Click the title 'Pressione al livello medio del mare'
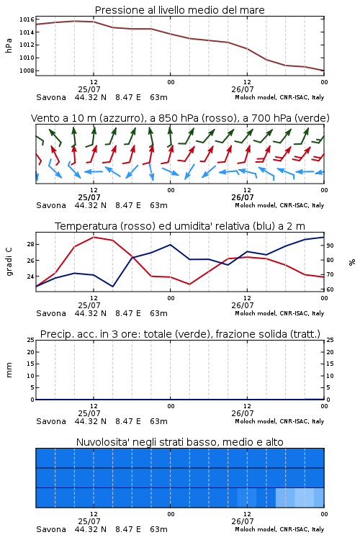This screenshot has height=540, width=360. coord(179,10)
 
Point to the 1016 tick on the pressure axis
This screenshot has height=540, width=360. coord(27,19)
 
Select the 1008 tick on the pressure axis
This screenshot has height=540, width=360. coord(27,71)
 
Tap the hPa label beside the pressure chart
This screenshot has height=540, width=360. coord(9,45)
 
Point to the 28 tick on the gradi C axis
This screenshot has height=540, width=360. coord(31,244)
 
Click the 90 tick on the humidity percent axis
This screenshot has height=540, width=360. coord(330,246)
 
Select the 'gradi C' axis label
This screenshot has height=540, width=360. coord(9,262)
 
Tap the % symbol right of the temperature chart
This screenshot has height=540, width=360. coord(352,262)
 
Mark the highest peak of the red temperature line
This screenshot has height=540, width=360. coord(94,237)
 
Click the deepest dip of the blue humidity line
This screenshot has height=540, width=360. coord(112,287)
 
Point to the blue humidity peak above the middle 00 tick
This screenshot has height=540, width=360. coord(170,245)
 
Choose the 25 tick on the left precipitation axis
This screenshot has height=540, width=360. coord(31,340)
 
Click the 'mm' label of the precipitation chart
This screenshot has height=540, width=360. coord(9,369)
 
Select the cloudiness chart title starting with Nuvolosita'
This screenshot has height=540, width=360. coord(179,442)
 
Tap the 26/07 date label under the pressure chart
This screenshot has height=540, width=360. coord(242,89)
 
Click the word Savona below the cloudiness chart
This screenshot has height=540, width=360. coord(51,529)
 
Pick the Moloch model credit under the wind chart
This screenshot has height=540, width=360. coord(279,205)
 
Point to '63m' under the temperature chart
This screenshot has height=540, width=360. coord(158,313)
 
